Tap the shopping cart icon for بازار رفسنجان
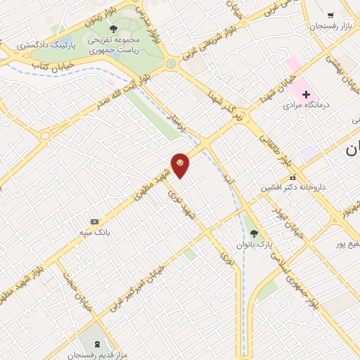[x=330, y=15]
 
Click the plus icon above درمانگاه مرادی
[x=306, y=94]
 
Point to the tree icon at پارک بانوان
[x=254, y=233]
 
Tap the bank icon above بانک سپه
[x=96, y=220]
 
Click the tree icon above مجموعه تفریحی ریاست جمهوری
[x=114, y=29]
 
